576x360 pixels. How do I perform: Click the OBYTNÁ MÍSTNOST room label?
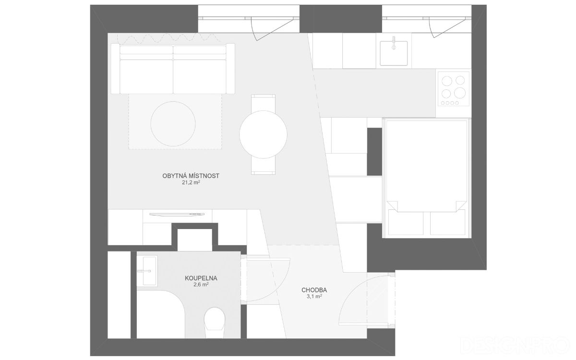tap(191, 176)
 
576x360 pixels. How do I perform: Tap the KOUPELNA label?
tap(201, 278)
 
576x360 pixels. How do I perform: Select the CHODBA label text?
tap(314, 290)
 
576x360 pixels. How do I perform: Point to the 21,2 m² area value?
tap(191, 183)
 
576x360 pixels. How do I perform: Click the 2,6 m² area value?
tap(201, 285)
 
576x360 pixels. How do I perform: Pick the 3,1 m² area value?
tap(314, 297)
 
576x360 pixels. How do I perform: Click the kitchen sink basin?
tap(394, 53)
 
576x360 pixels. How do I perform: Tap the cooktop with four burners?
tap(453, 89)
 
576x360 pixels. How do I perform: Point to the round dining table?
tap(263, 134)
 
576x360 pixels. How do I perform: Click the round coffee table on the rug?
tap(173, 124)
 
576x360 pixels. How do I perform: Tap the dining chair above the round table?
tap(263, 103)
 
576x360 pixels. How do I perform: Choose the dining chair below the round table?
tap(263, 166)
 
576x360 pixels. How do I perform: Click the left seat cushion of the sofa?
tap(146, 77)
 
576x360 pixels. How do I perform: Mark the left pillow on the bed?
tap(406, 222)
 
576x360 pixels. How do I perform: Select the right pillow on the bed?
tap(447, 222)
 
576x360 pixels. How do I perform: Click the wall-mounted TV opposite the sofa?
tap(177, 215)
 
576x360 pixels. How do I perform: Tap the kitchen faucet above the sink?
tap(394, 43)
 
